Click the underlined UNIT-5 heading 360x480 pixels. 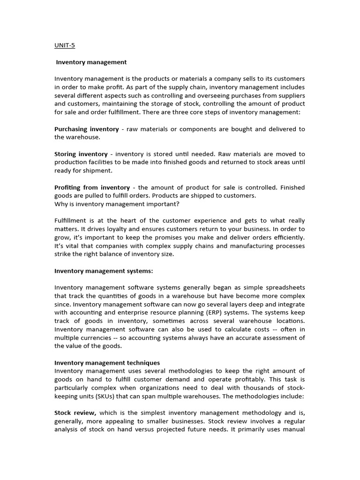coord(65,45)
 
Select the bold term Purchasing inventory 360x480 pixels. coord(86,129)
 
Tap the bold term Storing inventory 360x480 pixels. coord(81,154)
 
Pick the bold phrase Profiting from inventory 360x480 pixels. coord(92,187)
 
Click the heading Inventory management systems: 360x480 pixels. coord(104,270)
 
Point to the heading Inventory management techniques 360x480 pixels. coord(107,362)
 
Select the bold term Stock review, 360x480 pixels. coord(75,412)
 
